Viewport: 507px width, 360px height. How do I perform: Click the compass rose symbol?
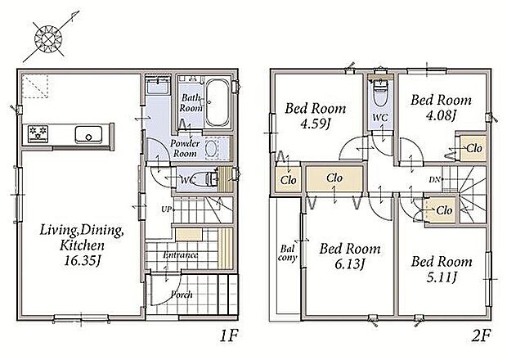click(48, 39)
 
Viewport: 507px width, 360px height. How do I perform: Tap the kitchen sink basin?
click(88, 135)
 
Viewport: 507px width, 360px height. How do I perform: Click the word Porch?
click(182, 295)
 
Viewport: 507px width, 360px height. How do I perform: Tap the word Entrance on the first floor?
click(181, 255)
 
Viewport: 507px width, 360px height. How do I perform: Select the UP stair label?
click(166, 209)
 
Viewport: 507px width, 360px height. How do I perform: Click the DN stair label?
click(434, 179)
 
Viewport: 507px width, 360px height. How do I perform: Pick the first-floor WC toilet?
click(208, 178)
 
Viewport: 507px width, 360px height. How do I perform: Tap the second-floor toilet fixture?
click(380, 91)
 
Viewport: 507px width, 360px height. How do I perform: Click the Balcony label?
click(287, 254)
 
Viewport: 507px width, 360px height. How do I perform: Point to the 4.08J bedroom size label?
click(441, 115)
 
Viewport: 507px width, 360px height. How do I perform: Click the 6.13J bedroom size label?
click(349, 264)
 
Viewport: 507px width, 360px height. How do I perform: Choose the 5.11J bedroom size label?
click(442, 277)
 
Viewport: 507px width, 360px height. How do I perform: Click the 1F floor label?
click(229, 336)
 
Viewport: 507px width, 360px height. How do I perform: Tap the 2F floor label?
click(482, 336)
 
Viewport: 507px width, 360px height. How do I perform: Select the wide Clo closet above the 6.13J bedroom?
click(334, 179)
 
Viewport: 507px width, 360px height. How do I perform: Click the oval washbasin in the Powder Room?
click(211, 149)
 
